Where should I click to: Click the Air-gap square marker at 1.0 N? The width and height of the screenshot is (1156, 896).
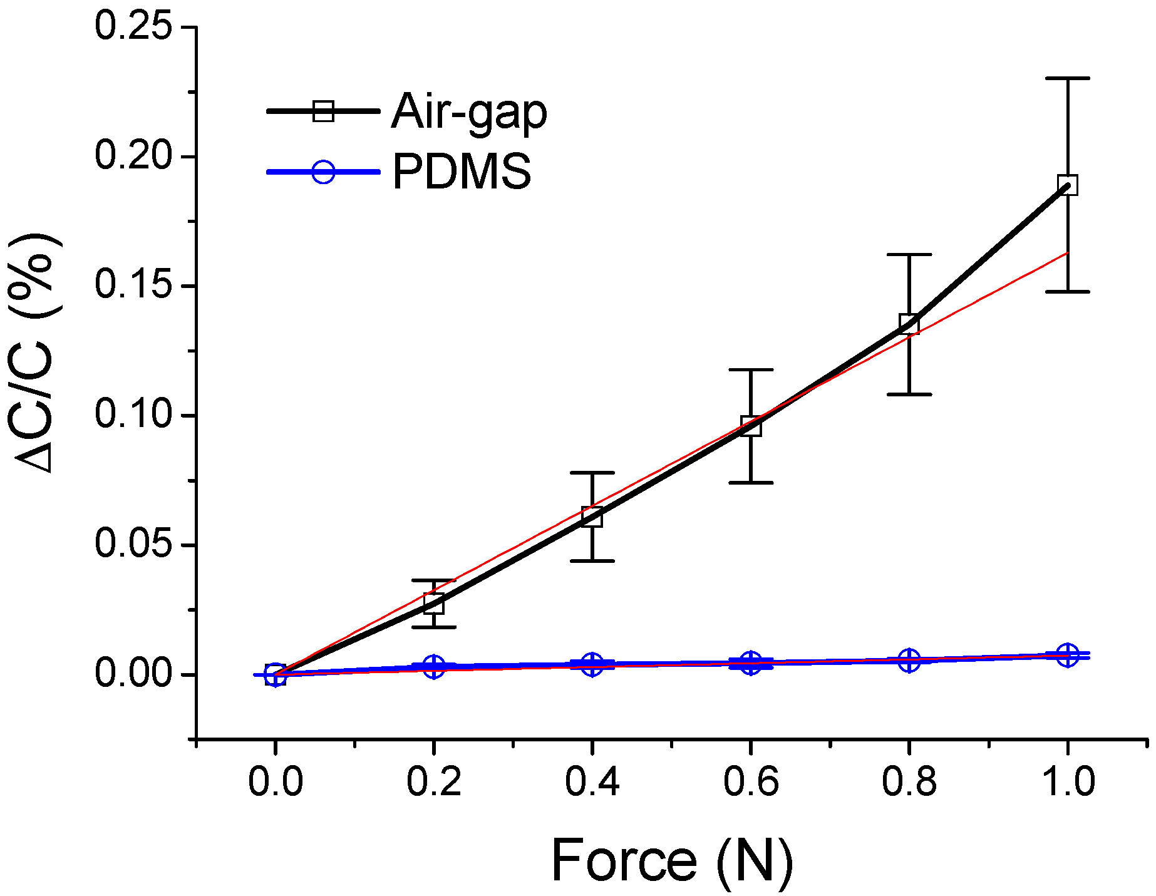click(1067, 185)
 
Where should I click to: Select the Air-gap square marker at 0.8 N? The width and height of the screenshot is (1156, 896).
click(909, 324)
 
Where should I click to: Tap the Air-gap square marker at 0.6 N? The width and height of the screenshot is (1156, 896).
click(751, 426)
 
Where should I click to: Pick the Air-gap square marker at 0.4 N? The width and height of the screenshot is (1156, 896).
click(592, 517)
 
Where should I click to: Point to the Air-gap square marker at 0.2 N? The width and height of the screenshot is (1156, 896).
click(433, 604)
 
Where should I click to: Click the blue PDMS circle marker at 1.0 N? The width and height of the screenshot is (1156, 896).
click(1067, 655)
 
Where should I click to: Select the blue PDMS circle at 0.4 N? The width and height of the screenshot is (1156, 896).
click(592, 664)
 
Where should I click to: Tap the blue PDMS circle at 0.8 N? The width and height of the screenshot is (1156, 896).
click(909, 660)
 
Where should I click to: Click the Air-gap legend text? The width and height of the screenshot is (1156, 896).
click(469, 113)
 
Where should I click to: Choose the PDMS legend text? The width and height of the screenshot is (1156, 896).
click(462, 172)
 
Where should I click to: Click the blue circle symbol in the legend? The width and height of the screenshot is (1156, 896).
click(323, 171)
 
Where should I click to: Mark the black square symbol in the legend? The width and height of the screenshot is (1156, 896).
click(323, 111)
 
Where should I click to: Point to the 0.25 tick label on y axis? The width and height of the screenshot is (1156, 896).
click(133, 27)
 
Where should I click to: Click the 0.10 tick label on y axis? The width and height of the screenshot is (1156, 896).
click(133, 415)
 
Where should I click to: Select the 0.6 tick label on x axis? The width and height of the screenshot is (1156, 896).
click(751, 782)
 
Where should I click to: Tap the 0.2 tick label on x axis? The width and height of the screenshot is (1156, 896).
click(433, 782)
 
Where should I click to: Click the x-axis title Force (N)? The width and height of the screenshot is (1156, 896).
click(672, 861)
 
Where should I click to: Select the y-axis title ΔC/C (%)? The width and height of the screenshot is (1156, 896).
click(39, 354)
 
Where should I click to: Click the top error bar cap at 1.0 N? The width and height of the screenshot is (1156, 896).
click(1067, 78)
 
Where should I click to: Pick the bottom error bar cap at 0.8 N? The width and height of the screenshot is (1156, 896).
click(909, 394)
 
